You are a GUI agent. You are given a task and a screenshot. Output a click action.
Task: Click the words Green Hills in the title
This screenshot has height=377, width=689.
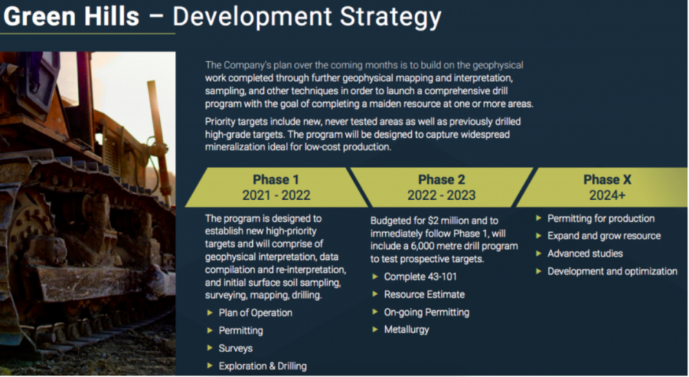[x=72, y=17]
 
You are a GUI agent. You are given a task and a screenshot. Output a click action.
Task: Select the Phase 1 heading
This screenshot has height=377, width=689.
[x=276, y=179]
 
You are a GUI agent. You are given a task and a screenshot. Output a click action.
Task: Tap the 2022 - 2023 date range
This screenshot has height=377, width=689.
[x=441, y=194]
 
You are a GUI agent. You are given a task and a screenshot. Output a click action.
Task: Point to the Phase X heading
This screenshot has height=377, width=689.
[x=607, y=179]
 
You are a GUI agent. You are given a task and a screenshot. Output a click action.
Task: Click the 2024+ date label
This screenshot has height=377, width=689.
[x=607, y=194]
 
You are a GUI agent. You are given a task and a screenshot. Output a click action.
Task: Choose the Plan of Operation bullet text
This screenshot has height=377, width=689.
[x=256, y=313]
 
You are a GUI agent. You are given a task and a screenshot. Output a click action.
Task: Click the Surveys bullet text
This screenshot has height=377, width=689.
[x=236, y=349]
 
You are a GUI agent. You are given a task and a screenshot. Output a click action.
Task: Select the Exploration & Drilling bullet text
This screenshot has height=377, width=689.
[x=263, y=366]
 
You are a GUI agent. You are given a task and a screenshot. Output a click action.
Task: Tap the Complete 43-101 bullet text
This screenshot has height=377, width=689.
[x=420, y=277]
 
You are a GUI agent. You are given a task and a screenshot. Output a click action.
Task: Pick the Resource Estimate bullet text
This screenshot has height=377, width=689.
[x=424, y=294]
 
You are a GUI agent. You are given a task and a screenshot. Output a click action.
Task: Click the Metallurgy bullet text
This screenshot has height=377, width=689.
[x=407, y=329]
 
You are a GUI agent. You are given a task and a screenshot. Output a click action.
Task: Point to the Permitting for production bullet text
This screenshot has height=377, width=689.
[x=601, y=218]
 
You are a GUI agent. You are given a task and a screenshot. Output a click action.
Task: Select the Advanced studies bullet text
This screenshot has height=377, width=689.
[x=585, y=254]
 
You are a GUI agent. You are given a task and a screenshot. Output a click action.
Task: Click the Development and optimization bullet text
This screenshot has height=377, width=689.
[x=613, y=272]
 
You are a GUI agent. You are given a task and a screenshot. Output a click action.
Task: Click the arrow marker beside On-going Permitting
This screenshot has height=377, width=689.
[x=375, y=312]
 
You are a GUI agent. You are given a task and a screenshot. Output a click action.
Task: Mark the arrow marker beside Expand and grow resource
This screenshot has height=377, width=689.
[x=538, y=236]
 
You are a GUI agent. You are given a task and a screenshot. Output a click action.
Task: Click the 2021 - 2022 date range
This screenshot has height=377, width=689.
[x=276, y=194]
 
